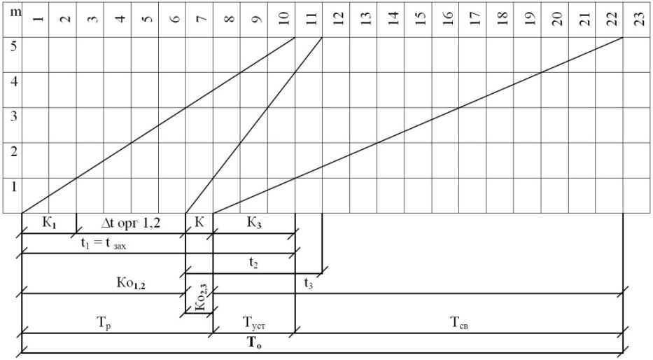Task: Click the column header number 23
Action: [x=638, y=19]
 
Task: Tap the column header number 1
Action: [x=36, y=19]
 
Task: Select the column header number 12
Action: [x=337, y=19]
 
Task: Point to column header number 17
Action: [x=474, y=19]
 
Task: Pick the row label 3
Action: [x=12, y=116]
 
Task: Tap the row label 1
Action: [x=12, y=186]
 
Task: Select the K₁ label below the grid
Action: [x=49, y=224]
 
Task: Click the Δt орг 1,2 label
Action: [x=130, y=224]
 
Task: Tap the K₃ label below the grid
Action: [x=254, y=224]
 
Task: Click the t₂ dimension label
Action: [x=254, y=264]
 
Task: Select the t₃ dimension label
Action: [x=309, y=284]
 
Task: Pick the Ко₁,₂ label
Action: [x=130, y=284]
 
